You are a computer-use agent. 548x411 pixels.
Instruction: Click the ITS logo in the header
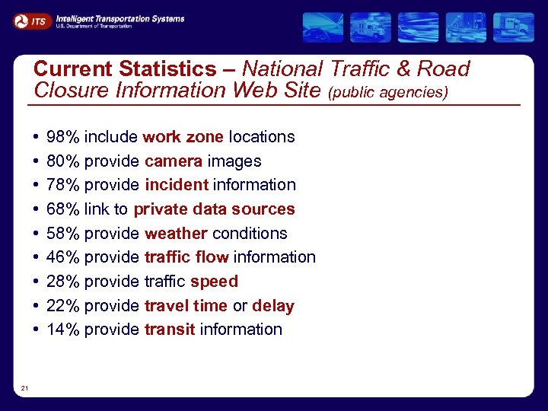point(32,21)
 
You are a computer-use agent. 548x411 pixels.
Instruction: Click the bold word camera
point(174,161)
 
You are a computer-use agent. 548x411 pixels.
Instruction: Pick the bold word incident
point(176,185)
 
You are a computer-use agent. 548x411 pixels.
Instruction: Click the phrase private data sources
point(214,209)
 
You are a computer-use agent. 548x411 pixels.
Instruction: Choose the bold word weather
point(176,234)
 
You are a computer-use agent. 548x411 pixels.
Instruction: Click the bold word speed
point(214,282)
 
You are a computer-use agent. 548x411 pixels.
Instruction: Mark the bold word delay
point(272,306)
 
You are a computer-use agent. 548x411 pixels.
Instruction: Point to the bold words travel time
point(186,306)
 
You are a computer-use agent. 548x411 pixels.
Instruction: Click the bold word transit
point(170,330)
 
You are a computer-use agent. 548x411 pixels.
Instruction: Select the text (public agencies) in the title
point(388,93)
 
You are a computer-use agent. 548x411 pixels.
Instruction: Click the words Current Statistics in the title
point(125,69)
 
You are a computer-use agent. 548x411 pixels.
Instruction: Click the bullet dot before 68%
point(37,209)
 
